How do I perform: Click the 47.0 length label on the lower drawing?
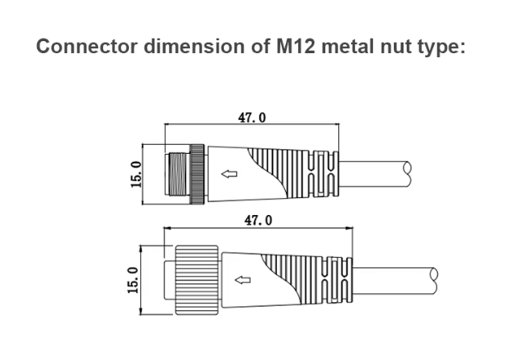[x=258, y=220]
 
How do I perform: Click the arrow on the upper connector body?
[x=230, y=173]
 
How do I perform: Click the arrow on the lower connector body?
[x=239, y=279]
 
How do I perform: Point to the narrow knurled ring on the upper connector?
[x=198, y=173]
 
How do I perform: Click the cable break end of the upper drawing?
[x=408, y=171]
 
